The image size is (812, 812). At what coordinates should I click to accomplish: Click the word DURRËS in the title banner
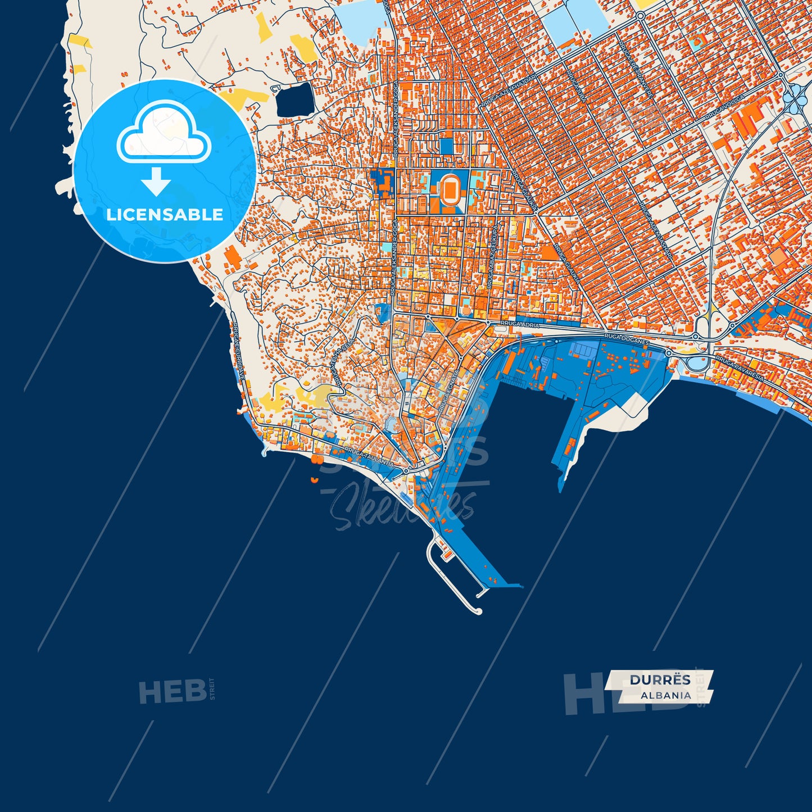(660, 680)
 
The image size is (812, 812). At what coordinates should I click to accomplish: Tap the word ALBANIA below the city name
(666, 695)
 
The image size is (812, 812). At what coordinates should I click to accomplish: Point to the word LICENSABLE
(165, 215)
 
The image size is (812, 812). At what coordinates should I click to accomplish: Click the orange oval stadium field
(450, 190)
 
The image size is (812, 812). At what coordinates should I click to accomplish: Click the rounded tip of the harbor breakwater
(479, 611)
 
